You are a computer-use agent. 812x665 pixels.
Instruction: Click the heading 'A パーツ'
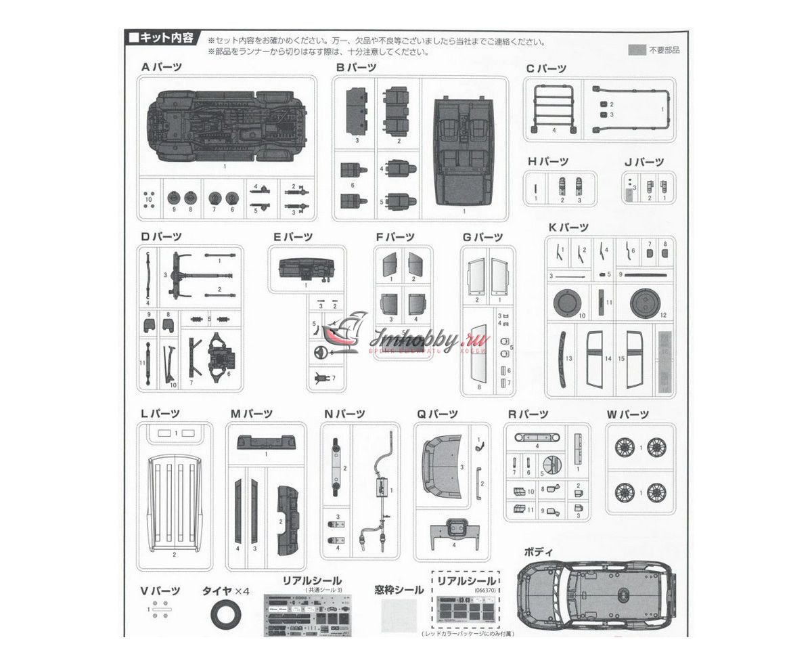(161, 67)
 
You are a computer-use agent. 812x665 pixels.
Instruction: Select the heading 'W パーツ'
(627, 414)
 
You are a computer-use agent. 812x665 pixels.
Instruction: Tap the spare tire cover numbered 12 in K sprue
(644, 303)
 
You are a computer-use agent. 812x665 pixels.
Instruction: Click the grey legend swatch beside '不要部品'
(636, 49)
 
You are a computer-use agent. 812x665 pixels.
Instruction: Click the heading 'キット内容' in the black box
(163, 38)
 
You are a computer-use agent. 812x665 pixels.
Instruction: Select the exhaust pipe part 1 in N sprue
(383, 488)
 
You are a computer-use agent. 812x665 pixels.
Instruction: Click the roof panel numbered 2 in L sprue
(175, 505)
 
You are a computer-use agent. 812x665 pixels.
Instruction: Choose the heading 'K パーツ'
(568, 228)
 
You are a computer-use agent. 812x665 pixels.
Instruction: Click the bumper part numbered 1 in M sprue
(265, 443)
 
